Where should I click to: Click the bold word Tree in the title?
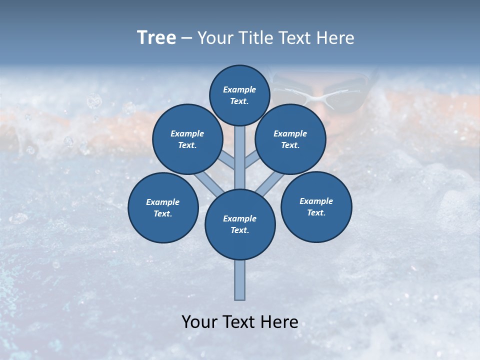(x=156, y=37)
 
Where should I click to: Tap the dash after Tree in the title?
(x=186, y=38)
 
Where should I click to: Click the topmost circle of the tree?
(x=239, y=95)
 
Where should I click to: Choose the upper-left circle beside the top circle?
(x=187, y=139)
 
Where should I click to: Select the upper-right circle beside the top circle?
(x=290, y=139)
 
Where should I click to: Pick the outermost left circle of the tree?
(x=163, y=207)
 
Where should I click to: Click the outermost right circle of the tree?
(x=316, y=206)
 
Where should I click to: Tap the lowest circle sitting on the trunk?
(x=240, y=224)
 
